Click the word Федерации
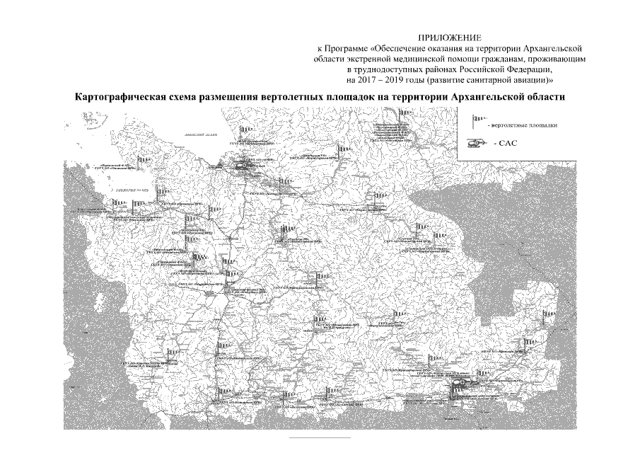coord(530,70)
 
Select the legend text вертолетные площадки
coord(523,125)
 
